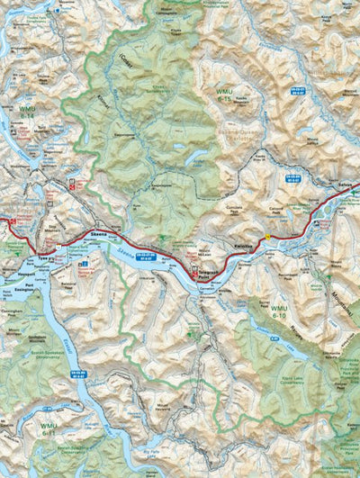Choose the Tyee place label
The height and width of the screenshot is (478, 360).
(43, 258)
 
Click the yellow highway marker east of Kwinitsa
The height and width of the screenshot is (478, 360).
(267, 237)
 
